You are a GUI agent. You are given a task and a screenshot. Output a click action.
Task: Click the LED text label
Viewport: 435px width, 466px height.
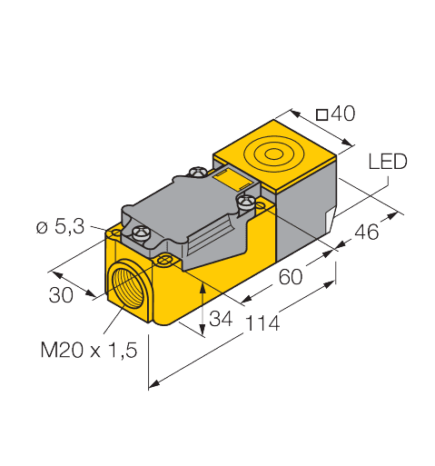pos(388,162)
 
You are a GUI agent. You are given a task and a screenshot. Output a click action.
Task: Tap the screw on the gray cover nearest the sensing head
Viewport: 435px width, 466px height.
pos(243,199)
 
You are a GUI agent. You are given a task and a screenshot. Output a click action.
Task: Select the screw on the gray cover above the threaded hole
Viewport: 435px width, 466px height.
pos(141,234)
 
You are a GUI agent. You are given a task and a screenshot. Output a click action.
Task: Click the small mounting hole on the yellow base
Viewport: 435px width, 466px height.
pos(164,262)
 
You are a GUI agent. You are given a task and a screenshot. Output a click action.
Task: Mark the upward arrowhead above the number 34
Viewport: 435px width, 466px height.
pos(203,286)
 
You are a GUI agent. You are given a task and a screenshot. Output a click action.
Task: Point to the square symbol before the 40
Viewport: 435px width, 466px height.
pos(321,114)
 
